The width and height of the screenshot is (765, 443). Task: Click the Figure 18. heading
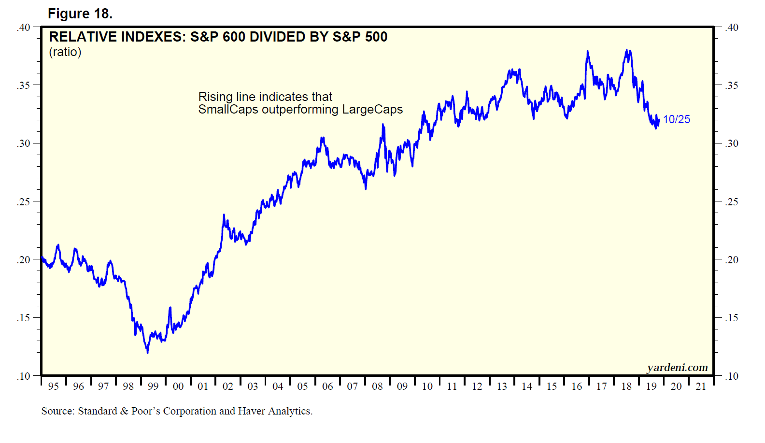point(80,14)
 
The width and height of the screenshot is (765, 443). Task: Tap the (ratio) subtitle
point(65,52)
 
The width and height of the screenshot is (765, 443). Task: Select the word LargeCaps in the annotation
point(372,110)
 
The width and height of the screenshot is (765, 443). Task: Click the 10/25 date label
point(676,119)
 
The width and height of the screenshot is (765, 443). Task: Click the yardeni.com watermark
point(677,368)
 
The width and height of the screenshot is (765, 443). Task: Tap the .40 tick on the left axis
point(24,28)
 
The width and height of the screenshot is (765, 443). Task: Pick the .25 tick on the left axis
point(24,202)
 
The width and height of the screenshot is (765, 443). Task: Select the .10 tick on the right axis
point(732,376)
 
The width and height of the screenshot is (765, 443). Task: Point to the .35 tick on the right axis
point(732,86)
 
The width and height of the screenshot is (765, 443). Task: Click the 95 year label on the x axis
point(54,386)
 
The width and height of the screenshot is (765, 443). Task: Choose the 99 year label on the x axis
point(153,386)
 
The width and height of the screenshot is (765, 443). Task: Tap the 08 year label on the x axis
point(377,386)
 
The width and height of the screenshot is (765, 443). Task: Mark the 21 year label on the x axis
point(701,386)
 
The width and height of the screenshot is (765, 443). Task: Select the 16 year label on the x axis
point(577,386)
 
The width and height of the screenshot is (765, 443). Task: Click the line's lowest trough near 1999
point(147,352)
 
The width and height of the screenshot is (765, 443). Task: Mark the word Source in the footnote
point(57,411)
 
